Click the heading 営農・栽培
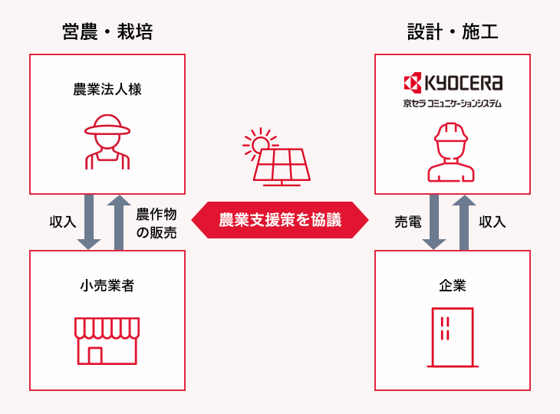tap(107, 32)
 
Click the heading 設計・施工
tap(453, 32)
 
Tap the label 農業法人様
tap(107, 90)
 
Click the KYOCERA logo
tap(453, 82)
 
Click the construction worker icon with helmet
tap(452, 152)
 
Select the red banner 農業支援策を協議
tap(280, 221)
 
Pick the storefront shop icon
tap(107, 340)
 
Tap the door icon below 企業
tap(452, 337)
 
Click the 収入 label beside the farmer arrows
tap(62, 222)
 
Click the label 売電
tap(407, 222)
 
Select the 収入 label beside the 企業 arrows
tap(492, 222)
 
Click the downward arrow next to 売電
tap(435, 222)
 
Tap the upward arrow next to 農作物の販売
tap(119, 222)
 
